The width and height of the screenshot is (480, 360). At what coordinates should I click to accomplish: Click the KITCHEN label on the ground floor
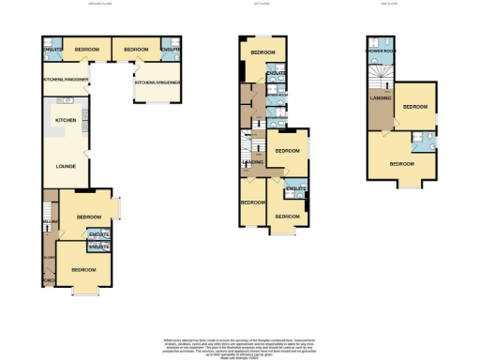coord(65,121)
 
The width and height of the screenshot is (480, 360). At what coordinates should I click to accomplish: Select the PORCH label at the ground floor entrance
coord(48,279)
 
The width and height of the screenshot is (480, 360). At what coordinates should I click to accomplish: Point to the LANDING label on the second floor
coord(381,97)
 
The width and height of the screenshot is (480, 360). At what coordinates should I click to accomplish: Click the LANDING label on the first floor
coord(252,162)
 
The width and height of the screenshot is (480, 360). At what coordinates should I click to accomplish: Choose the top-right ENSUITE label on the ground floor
coord(170,49)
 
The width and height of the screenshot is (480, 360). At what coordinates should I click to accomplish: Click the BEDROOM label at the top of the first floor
coord(262,52)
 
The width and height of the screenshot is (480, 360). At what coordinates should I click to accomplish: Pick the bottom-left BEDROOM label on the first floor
coord(251,202)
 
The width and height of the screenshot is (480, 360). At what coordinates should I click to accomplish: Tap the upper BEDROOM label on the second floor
coord(414,107)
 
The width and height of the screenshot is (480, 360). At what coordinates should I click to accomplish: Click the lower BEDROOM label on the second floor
coord(403,163)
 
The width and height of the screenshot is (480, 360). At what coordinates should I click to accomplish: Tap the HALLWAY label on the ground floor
coord(49,222)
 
